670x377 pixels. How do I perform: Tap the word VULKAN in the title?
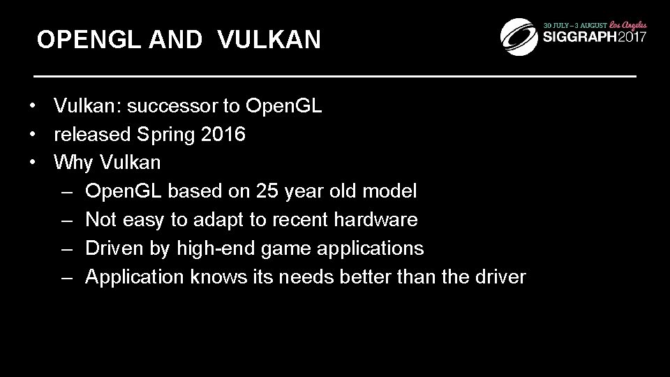click(269, 40)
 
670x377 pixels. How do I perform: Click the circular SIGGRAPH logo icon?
click(520, 36)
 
